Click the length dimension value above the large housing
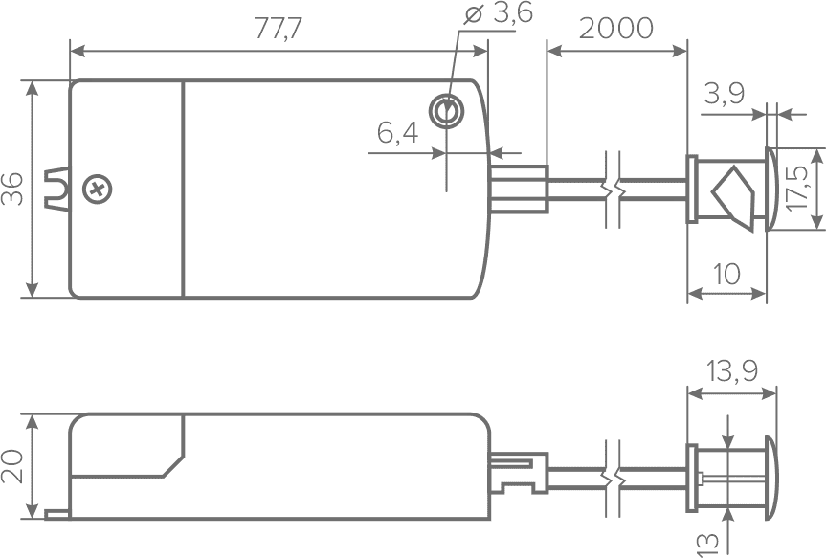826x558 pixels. coord(279,27)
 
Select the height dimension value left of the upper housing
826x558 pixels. coord(8,187)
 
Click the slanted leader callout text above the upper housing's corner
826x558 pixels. coord(496,18)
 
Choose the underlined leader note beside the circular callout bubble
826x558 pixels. coord(387,131)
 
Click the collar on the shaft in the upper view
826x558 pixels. coord(615,187)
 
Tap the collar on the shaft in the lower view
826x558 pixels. coord(615,475)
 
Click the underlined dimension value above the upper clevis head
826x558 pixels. coord(725,96)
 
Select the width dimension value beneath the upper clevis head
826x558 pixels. coord(729,278)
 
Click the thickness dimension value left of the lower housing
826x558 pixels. coord(8,466)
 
